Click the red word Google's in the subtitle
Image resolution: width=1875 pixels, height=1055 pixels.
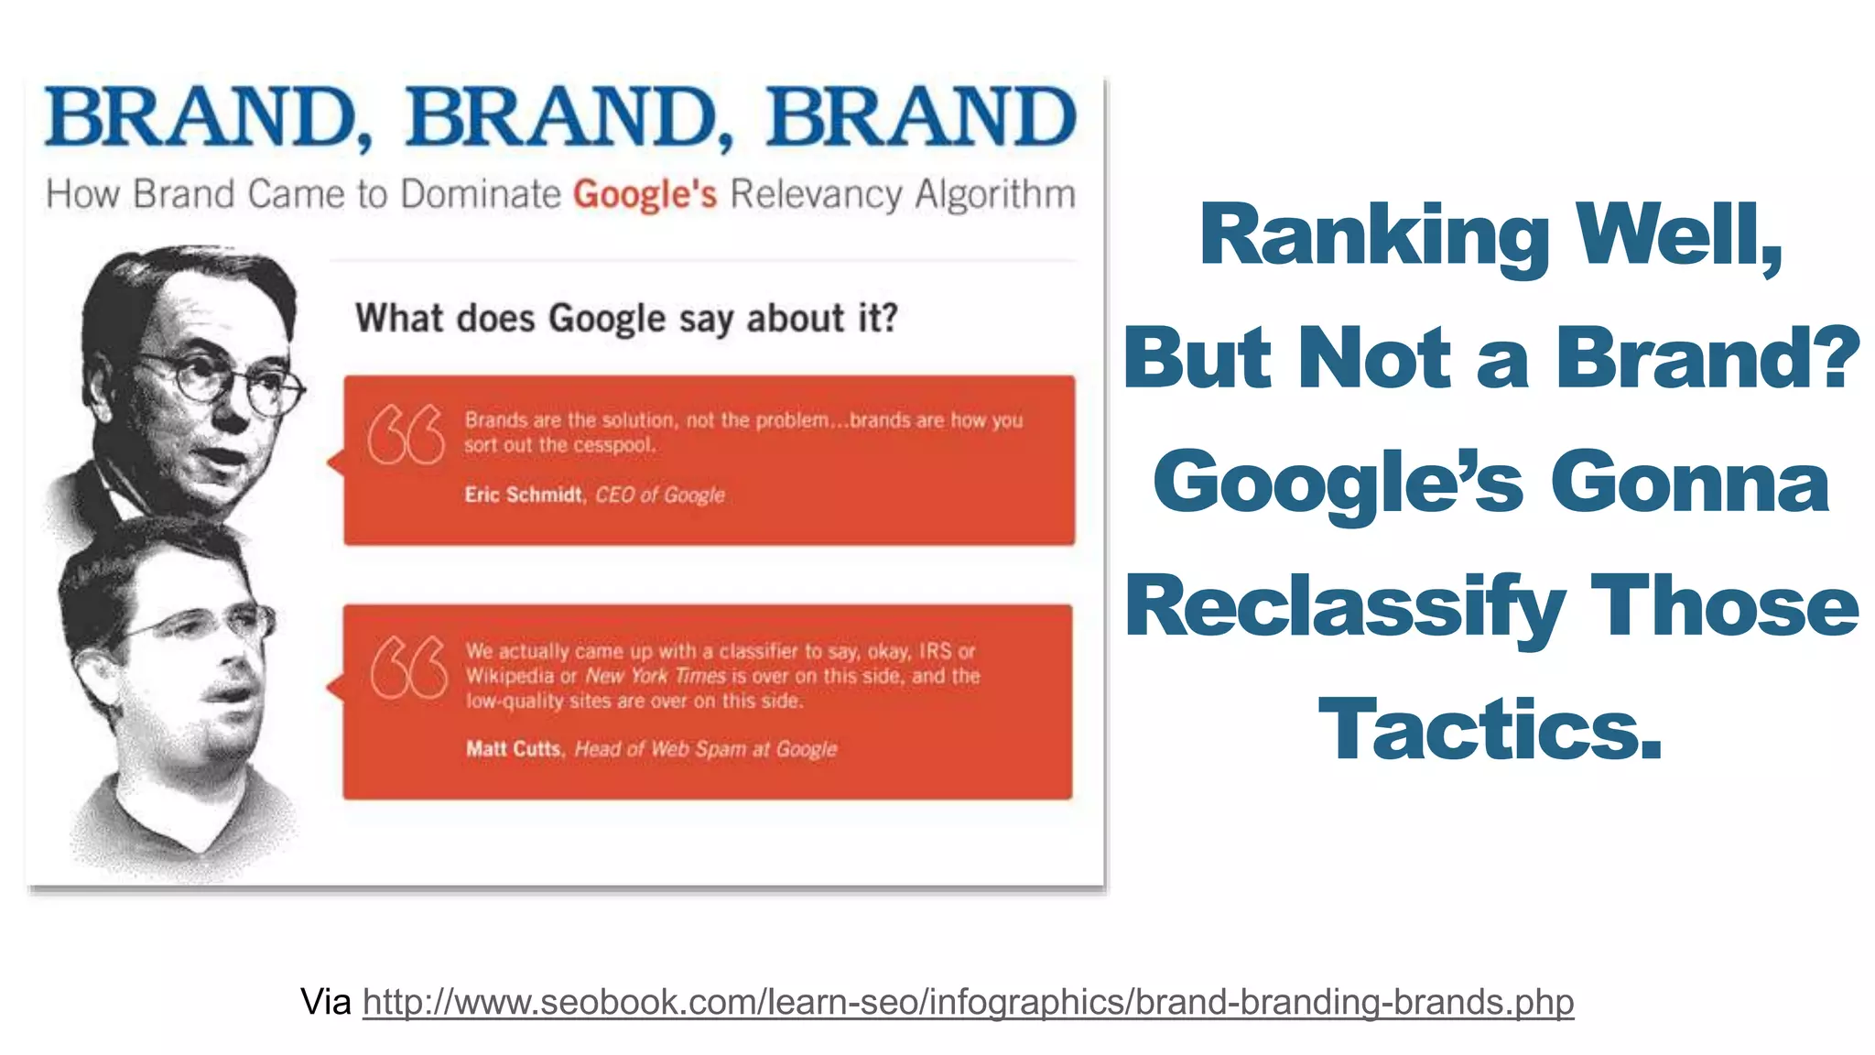(x=645, y=195)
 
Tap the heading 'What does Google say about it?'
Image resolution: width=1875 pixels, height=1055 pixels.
(x=626, y=319)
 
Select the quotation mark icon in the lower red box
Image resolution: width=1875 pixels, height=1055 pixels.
(x=408, y=667)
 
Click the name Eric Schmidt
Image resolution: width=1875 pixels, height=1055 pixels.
(x=523, y=495)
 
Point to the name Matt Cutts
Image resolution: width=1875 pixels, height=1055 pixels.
(x=513, y=749)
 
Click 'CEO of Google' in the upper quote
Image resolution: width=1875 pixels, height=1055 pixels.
(x=660, y=495)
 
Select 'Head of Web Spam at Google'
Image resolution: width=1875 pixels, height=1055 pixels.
(x=706, y=749)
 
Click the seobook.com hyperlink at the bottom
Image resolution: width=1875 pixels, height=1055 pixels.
(x=968, y=1002)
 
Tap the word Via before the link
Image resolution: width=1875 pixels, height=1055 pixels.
(x=326, y=1002)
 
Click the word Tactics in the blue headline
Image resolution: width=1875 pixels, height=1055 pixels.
(x=1490, y=730)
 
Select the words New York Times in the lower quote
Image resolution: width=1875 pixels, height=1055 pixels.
(x=656, y=677)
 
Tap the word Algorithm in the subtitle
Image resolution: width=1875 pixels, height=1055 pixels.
(x=995, y=195)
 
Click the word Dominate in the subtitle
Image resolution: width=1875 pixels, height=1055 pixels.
(x=481, y=195)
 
